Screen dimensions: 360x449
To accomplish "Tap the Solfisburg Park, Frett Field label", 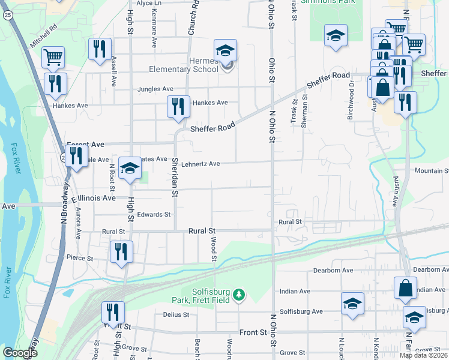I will coord(211,296).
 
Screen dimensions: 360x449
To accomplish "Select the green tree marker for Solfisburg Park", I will coord(240,295).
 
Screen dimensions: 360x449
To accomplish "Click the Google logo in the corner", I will coord(20,353).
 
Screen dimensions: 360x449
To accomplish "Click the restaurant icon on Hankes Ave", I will coord(178,107).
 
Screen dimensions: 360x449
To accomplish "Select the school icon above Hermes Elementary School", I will coord(226,50).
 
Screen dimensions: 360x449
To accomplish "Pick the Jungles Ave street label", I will coord(155,89).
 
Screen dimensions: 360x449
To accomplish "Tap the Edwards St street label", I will coord(154,214).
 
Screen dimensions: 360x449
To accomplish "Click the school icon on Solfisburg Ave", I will coord(352,303).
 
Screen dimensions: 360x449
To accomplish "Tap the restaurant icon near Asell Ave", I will coord(99,49).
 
